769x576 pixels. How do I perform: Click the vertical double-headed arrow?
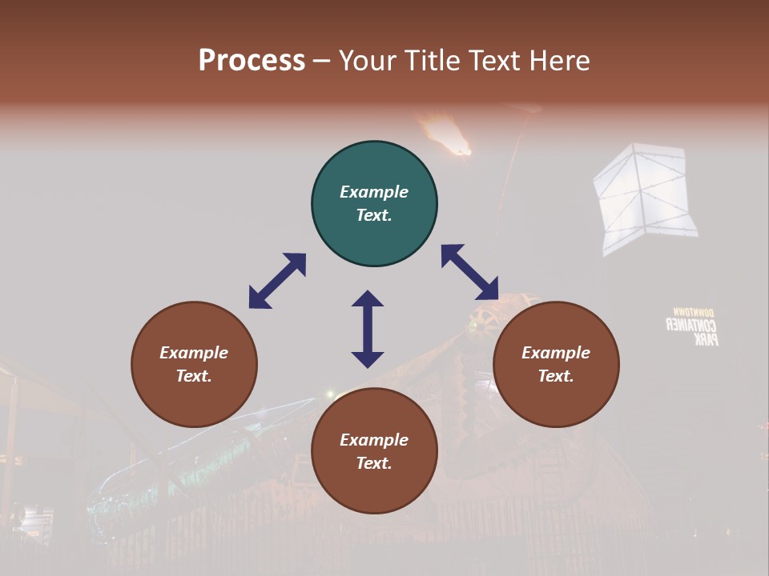pos(368,329)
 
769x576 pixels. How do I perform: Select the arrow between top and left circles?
pos(277,281)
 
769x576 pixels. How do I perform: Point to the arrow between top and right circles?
pos(469,272)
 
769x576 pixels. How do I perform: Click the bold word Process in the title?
pos(252,60)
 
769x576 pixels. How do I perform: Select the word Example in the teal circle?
pos(374,192)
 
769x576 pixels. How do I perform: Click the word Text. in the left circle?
pos(194,376)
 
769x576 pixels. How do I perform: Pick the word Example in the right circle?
pos(556,353)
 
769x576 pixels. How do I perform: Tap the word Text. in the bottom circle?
pos(374,463)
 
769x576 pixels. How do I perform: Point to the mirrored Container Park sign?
pos(694,326)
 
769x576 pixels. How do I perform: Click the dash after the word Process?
pos(321,61)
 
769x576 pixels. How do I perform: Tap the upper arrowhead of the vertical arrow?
pos(368,300)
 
